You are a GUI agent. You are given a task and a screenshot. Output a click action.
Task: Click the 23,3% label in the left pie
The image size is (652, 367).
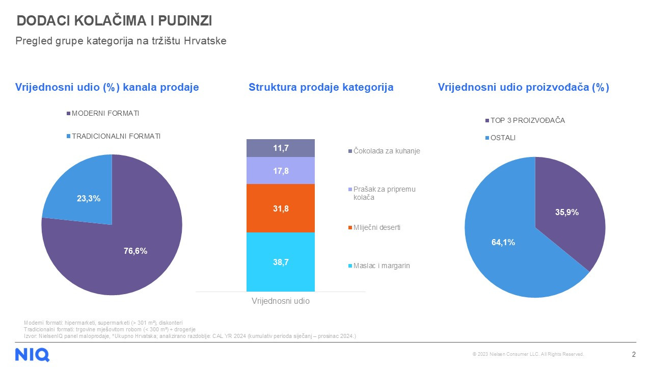tap(89, 199)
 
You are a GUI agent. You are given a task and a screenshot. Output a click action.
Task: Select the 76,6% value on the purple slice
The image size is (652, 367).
tap(135, 251)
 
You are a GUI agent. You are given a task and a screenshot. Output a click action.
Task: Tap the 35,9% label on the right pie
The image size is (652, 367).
tap(566, 213)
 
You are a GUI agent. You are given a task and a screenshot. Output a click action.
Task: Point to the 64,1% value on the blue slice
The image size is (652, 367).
tap(503, 243)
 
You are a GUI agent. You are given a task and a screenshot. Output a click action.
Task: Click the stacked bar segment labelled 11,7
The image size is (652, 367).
tap(281, 148)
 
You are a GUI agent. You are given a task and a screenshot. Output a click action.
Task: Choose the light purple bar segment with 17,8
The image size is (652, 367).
tap(281, 171)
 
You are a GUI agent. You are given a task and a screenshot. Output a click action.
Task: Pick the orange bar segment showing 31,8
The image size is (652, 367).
tap(281, 208)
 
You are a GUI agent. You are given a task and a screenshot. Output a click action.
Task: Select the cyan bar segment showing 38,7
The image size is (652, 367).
tap(281, 262)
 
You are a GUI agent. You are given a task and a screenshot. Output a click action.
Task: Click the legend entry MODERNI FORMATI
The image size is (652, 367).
tap(105, 113)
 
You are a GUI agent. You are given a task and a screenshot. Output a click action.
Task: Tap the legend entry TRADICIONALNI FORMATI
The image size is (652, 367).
tap(116, 136)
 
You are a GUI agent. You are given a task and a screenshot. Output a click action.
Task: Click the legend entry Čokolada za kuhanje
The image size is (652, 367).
tap(387, 151)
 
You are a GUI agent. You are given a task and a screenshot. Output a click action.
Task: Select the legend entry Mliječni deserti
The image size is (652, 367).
tap(376, 227)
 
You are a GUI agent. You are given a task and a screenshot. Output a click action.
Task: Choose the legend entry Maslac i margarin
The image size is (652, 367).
tap(382, 266)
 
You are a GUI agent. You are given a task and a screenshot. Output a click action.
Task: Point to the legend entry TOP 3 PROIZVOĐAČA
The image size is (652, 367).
tap(527, 121)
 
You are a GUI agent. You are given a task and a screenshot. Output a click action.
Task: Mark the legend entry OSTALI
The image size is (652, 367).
tap(503, 138)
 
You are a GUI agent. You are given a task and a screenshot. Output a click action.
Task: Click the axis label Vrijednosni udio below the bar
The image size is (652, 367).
tap(281, 301)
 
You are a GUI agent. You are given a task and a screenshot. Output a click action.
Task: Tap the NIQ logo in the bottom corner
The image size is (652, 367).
tap(32, 354)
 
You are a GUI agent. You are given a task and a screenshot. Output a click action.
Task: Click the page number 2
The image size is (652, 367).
tap(634, 354)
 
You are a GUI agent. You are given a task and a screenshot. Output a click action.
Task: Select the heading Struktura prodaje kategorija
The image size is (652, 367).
tap(321, 87)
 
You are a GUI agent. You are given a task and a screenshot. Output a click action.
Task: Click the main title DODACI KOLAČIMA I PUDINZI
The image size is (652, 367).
tap(115, 21)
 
